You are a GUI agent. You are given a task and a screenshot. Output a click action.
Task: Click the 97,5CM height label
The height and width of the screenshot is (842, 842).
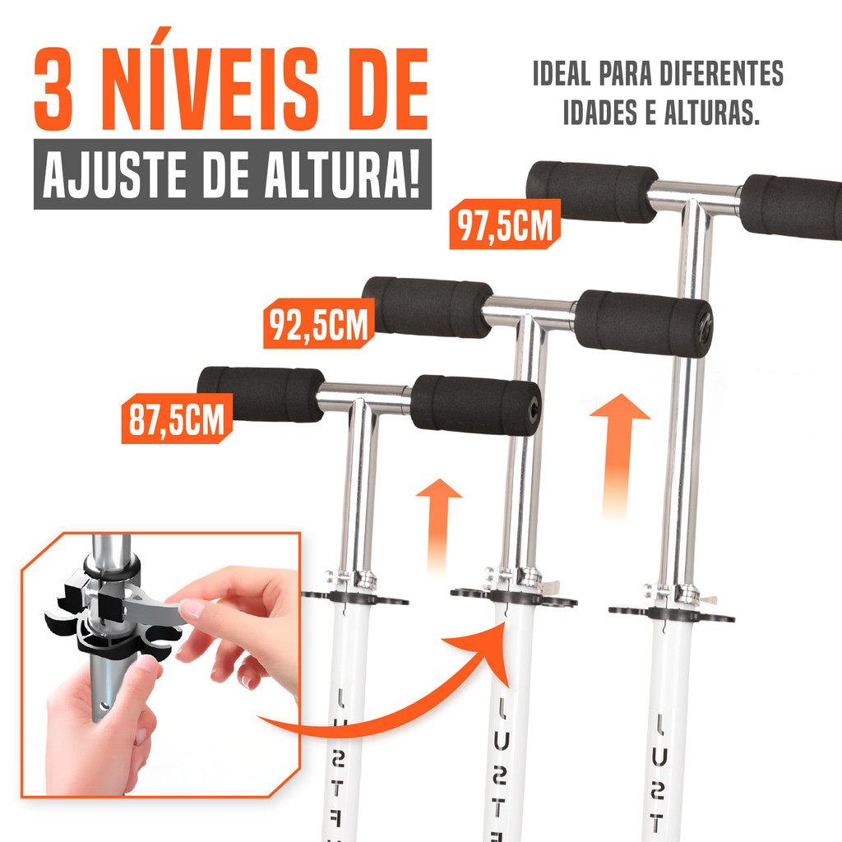coord(505,224)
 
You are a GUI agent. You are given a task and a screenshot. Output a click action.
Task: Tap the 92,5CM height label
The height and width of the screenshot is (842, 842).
coord(318,323)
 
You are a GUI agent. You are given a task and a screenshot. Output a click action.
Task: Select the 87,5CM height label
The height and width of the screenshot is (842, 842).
coord(177,419)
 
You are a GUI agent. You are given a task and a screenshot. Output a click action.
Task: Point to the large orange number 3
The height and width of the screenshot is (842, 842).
coord(53,89)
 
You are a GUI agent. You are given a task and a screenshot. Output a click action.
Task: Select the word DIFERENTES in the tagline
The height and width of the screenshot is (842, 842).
coord(721,73)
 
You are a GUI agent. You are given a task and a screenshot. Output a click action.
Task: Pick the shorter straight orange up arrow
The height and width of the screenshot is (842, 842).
coord(438,524)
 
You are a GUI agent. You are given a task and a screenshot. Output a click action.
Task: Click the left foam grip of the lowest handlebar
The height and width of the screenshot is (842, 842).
coord(261,394)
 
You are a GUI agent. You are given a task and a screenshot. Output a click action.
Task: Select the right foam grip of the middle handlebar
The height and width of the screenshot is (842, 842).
coord(643,323)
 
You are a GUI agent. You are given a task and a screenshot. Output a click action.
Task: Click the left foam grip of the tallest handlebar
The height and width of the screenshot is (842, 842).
coord(592,192)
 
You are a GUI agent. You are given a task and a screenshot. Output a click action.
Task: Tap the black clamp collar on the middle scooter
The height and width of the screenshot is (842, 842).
coord(513,596)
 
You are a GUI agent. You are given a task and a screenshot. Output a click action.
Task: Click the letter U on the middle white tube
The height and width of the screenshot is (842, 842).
coord(500,741)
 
